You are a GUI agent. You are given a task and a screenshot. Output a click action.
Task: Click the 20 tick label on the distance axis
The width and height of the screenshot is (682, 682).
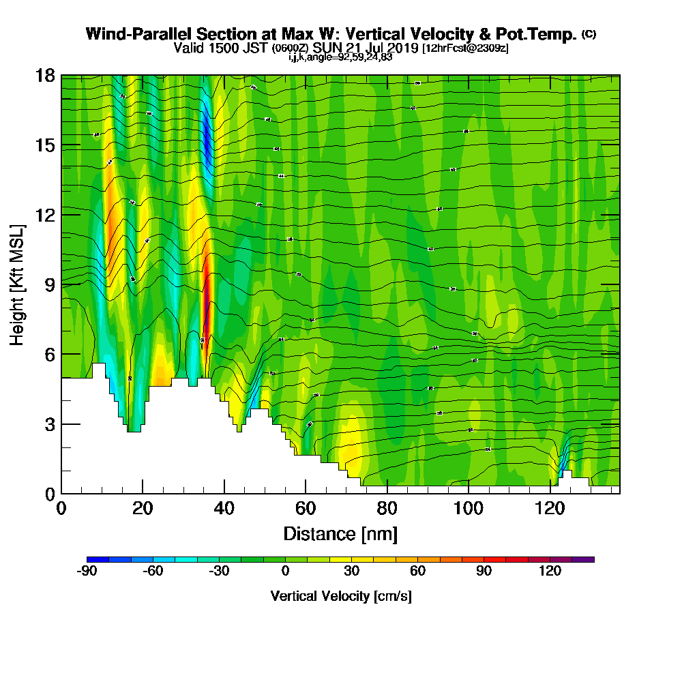(x=143, y=509)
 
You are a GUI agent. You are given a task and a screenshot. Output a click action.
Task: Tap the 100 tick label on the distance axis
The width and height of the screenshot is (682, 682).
(x=469, y=509)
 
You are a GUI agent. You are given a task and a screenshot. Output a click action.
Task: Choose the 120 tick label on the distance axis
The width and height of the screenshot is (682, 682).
(x=550, y=509)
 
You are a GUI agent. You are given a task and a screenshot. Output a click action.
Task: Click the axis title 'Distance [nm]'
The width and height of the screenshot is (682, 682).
(x=340, y=533)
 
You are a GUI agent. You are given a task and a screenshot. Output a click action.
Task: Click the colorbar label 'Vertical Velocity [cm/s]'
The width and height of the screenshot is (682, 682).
(x=341, y=596)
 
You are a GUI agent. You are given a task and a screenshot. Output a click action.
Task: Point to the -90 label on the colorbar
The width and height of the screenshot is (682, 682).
(x=87, y=572)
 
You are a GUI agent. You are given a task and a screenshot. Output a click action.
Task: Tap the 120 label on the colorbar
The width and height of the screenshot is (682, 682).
(x=550, y=572)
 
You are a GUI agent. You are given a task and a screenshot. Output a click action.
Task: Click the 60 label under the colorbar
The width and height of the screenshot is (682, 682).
(x=417, y=572)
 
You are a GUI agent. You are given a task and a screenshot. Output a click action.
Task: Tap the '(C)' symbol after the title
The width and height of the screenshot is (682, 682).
(x=589, y=34)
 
